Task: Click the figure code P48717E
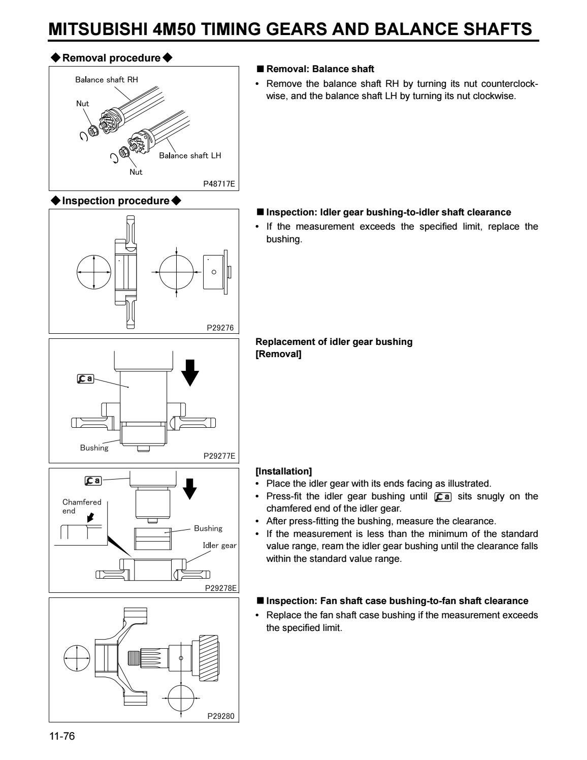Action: tap(219, 184)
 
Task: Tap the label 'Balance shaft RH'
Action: tap(107, 80)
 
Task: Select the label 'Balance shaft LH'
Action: tap(190, 155)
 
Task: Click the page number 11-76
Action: tap(62, 736)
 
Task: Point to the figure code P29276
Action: tap(220, 328)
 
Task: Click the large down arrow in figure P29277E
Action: tap(190, 371)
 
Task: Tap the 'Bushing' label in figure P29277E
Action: tap(94, 448)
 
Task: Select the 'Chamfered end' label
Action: tap(82, 506)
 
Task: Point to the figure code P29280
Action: tap(221, 716)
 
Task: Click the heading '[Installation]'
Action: tap(283, 471)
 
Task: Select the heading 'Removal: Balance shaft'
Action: tap(320, 69)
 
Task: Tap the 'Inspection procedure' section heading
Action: tap(115, 201)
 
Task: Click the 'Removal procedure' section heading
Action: tap(111, 58)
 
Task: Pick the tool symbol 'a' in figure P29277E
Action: tap(85, 378)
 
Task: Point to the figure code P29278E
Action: tap(220, 588)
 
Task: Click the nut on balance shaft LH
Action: tap(123, 151)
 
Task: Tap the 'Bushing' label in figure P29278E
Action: tap(208, 528)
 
